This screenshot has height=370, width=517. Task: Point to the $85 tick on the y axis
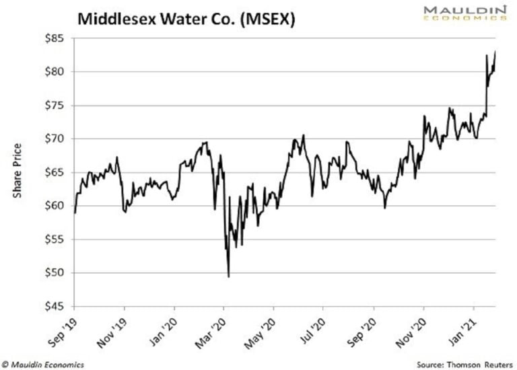(x=55, y=38)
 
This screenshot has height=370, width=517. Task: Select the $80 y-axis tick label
(x=55, y=72)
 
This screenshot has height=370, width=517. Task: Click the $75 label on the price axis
(x=55, y=106)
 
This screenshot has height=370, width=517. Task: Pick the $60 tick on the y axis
(x=55, y=206)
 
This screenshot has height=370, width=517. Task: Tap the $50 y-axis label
(x=55, y=273)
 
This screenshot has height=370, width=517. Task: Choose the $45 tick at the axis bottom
(x=55, y=307)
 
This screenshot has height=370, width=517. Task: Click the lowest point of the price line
(x=229, y=276)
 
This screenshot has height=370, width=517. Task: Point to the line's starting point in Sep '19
(x=75, y=213)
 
